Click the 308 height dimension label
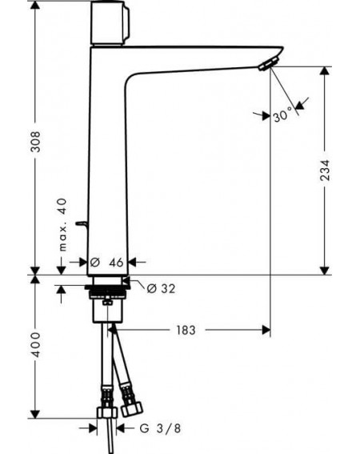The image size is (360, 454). (x=36, y=142)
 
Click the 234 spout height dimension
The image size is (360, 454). (x=325, y=171)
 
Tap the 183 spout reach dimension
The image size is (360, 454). (x=186, y=330)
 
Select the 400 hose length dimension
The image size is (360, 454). (x=36, y=344)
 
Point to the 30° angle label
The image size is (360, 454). (x=283, y=115)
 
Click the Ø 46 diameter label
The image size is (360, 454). (x=106, y=263)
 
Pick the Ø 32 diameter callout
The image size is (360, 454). (x=161, y=288)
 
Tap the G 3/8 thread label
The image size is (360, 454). (x=160, y=428)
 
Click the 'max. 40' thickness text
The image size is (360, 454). (x=62, y=224)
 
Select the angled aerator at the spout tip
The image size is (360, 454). (x=269, y=63)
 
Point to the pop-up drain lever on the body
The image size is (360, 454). (x=82, y=223)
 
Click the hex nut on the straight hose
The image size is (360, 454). (x=107, y=412)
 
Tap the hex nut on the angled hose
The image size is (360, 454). (x=131, y=408)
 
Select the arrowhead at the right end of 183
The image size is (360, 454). (x=266, y=330)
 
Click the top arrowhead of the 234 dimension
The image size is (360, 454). (x=325, y=71)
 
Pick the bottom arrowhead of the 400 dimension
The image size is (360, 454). (x=35, y=414)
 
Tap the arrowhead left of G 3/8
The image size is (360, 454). (x=92, y=428)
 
